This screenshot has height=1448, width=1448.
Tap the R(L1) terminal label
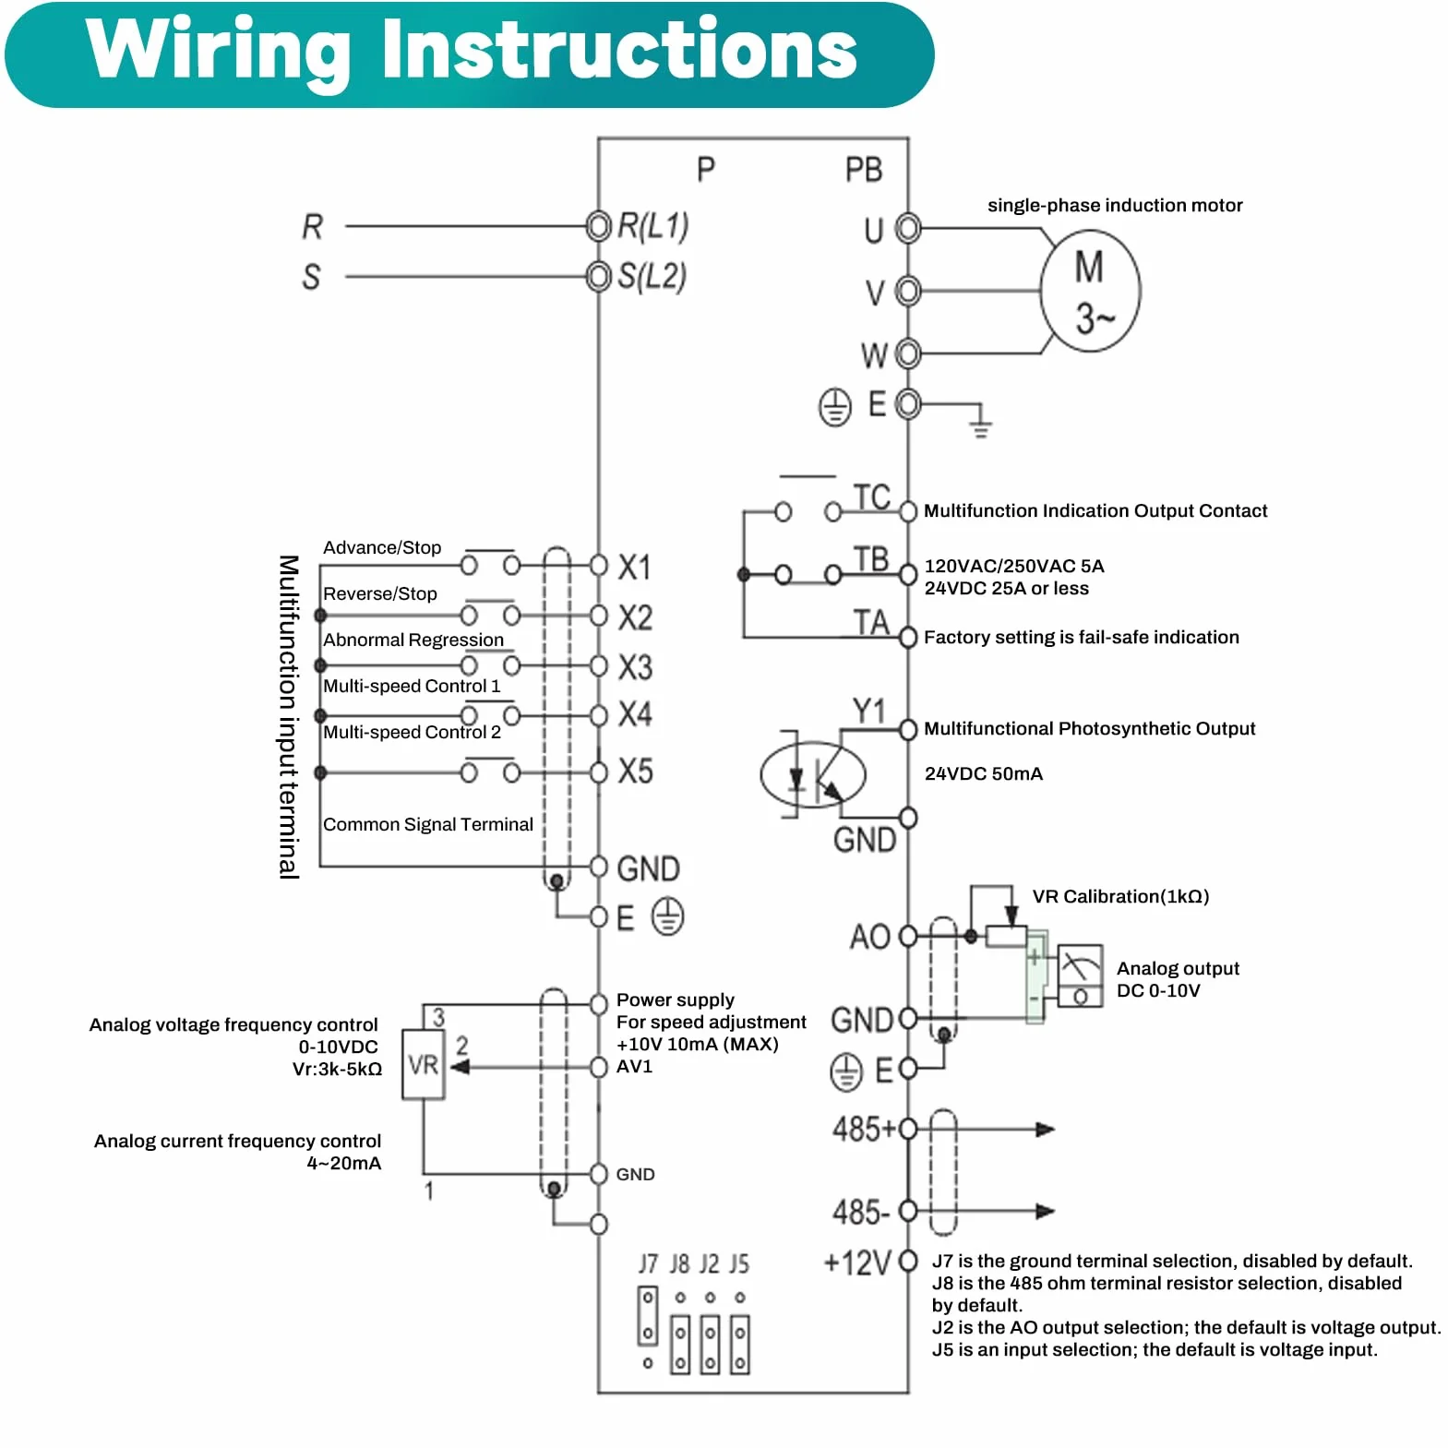(x=652, y=226)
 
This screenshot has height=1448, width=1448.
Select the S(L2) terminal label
(x=652, y=276)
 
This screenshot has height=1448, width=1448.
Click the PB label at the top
(x=864, y=170)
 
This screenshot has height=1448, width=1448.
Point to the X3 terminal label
(x=635, y=667)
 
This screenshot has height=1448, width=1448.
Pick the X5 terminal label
(x=635, y=772)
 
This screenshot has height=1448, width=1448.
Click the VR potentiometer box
(x=424, y=1065)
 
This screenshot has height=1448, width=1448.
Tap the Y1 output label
(x=869, y=711)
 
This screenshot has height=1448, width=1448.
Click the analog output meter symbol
(x=1080, y=975)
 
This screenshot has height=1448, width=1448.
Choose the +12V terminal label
(x=857, y=1262)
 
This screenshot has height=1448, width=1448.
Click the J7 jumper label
(x=649, y=1263)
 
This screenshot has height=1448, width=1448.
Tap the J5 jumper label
(x=739, y=1263)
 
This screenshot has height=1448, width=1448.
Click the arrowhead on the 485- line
(x=1045, y=1211)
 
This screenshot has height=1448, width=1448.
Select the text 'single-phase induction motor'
(x=1115, y=205)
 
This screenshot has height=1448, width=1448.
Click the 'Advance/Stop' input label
(x=382, y=547)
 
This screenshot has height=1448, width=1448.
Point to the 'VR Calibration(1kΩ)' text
(x=1120, y=896)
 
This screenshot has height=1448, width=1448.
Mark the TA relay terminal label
(x=871, y=623)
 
